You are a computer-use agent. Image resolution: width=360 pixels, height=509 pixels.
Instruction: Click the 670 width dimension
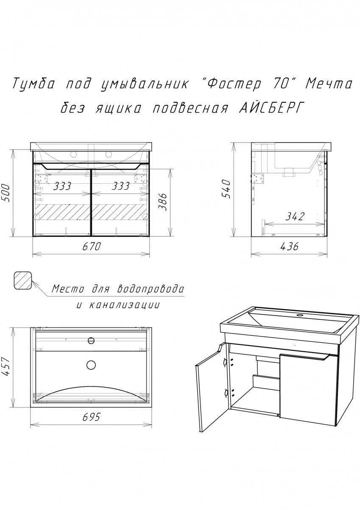91,246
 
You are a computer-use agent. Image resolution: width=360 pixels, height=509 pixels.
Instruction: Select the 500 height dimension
6,193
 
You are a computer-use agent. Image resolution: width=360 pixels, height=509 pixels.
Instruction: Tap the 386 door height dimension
163,202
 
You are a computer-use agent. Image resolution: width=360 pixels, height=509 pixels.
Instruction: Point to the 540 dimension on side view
226,189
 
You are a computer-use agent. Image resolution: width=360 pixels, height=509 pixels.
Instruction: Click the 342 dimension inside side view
295,217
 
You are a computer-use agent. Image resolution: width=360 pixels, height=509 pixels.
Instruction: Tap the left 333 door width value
62,186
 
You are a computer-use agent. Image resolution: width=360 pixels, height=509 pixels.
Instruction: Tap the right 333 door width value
120,186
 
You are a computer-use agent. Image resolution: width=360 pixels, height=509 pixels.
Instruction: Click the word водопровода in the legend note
151,289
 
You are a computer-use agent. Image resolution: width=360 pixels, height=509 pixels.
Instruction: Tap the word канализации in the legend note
124,305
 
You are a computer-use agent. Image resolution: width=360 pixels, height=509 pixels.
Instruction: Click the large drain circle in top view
91,365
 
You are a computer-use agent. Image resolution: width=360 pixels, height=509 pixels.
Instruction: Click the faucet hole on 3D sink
300,316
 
